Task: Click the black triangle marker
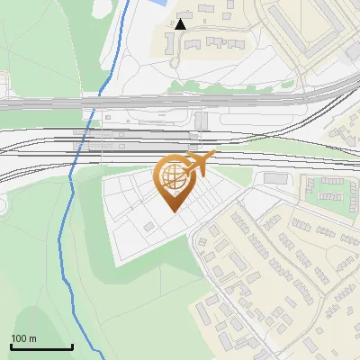coord(182,24)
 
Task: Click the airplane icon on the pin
coord(200,163)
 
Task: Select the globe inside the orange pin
coord(173,177)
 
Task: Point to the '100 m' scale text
coord(23,338)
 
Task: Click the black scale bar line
coord(41,346)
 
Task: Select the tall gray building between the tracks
coord(201,121)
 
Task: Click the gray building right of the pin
coord(274,178)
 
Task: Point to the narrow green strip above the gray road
coord(225,87)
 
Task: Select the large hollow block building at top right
coord(306,27)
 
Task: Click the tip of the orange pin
coord(173,211)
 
